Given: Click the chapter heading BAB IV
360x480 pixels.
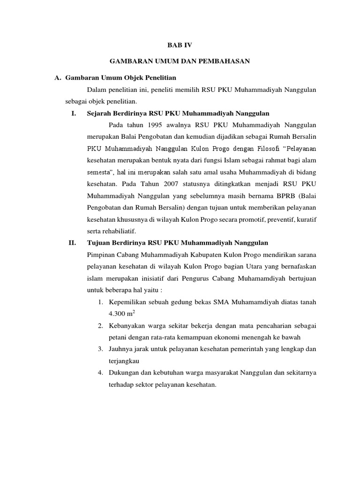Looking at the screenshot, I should point(180,45).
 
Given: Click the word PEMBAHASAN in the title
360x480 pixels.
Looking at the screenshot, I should point(226,61).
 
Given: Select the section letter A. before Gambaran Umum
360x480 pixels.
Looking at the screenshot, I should point(59,77).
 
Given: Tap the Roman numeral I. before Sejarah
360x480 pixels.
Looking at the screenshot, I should point(74,113).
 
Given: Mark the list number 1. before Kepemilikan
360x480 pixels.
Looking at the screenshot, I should point(100,302).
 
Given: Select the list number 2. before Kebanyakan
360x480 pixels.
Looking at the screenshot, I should point(100,326).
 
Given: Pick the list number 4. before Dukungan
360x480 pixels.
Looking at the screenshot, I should point(100,373).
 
